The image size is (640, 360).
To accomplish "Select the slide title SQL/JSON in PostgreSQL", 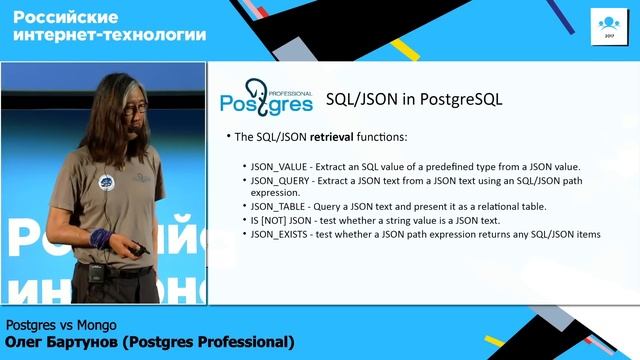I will click(x=414, y=100).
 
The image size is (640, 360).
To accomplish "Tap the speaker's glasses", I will click(x=131, y=104).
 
